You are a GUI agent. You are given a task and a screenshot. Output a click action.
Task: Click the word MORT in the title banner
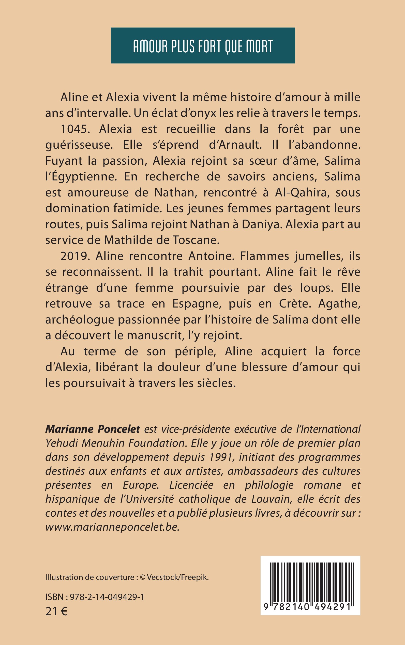point(259,46)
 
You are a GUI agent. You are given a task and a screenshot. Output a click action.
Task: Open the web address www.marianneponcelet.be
point(112,527)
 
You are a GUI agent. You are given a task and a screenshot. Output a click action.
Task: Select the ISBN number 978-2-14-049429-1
point(107,597)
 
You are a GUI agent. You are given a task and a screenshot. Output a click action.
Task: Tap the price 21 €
point(56,611)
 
